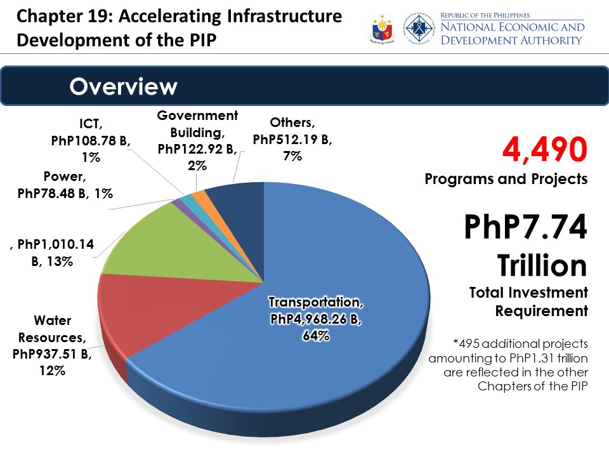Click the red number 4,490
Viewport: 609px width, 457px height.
(544, 150)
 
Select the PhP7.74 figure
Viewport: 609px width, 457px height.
(525, 227)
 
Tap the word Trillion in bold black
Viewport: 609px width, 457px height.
(542, 265)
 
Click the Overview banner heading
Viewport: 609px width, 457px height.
(123, 86)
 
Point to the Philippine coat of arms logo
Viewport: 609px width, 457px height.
(382, 29)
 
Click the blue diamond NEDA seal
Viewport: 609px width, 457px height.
(419, 28)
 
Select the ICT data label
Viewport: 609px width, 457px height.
(91, 140)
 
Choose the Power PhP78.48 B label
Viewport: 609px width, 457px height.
(65, 185)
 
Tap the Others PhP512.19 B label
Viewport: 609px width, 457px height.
(292, 139)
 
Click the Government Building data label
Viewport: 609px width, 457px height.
(197, 140)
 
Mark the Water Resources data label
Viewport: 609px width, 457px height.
(52, 345)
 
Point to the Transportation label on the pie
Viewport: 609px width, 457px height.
(316, 319)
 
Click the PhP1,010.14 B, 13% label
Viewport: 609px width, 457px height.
(52, 253)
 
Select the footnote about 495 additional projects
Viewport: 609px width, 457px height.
(508, 365)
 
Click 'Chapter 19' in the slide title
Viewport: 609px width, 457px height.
(65, 17)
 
